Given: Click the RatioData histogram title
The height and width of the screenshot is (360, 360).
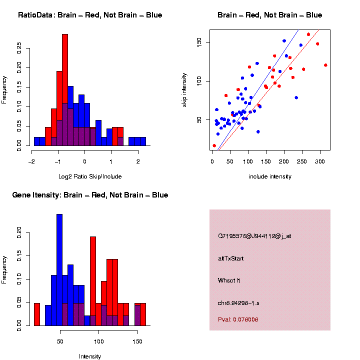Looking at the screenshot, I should coord(90,15).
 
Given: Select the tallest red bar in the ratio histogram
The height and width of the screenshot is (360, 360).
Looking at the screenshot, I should coord(65,90).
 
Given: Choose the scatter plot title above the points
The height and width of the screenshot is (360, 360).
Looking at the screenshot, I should coord(269,15).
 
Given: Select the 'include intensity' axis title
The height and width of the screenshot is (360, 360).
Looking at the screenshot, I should coord(270,176).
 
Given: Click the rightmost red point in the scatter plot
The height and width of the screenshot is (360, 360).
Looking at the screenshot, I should coord(325,65).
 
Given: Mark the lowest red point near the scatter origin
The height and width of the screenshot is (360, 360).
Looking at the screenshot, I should coord(214,146).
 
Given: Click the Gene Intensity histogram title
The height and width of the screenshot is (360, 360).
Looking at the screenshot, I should coord(90,195).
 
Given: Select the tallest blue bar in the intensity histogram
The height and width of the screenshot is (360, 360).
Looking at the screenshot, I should coord(59,270).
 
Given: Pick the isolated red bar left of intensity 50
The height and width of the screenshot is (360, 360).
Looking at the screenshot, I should coord(37,314).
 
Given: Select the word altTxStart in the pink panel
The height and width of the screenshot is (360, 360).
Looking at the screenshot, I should coord(231,258).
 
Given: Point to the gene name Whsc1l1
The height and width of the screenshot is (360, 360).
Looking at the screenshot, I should coord(229,280).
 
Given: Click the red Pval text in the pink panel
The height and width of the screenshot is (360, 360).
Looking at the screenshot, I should coord(238,319).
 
